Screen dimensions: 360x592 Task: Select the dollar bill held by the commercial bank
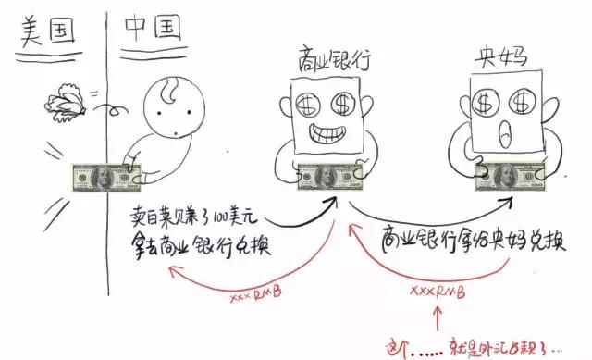pos(329,176)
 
